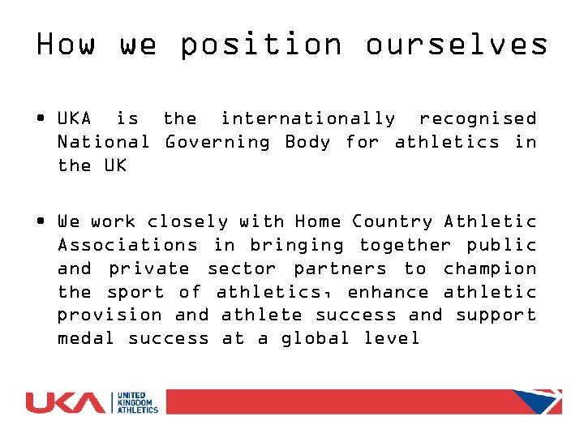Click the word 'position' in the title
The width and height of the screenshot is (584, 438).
point(260,45)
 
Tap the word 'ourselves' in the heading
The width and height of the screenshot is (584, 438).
point(457,44)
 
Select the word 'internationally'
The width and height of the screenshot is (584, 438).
point(308,119)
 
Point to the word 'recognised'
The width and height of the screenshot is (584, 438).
point(478,119)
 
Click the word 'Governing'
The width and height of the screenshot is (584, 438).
point(217,143)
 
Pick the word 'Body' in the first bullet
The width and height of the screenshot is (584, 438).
point(308,143)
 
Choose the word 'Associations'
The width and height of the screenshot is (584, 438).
point(127,245)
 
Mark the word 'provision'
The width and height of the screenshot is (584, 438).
point(109,315)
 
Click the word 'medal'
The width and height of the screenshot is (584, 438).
point(86,338)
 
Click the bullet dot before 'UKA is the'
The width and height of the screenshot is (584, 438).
point(41,119)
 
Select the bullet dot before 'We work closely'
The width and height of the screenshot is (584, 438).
point(41,221)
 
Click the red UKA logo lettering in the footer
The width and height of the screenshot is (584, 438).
point(66,402)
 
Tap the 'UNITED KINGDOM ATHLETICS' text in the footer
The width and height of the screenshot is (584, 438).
point(138,402)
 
